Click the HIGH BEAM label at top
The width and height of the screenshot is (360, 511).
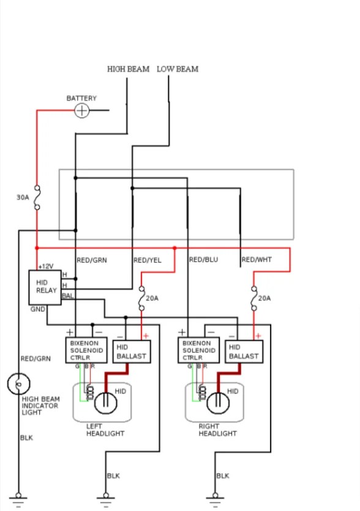coord(128,69)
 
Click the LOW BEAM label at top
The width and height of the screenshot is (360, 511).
coord(178,69)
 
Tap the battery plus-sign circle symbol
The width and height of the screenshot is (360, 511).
coord(81,110)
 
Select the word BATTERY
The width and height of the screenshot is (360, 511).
coord(81,98)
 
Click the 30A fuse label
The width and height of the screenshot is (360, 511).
coord(23,198)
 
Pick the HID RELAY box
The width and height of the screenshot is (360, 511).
coord(46,287)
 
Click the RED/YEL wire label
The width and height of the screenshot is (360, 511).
coord(148,260)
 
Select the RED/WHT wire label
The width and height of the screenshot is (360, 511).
coord(256,260)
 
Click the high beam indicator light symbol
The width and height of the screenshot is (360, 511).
coord(18,384)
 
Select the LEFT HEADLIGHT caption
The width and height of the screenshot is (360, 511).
coord(105,430)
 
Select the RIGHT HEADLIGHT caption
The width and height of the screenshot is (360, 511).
coord(217,430)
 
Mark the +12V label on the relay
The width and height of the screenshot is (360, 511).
coord(46,267)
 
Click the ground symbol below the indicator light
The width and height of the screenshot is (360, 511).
coord(18,498)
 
